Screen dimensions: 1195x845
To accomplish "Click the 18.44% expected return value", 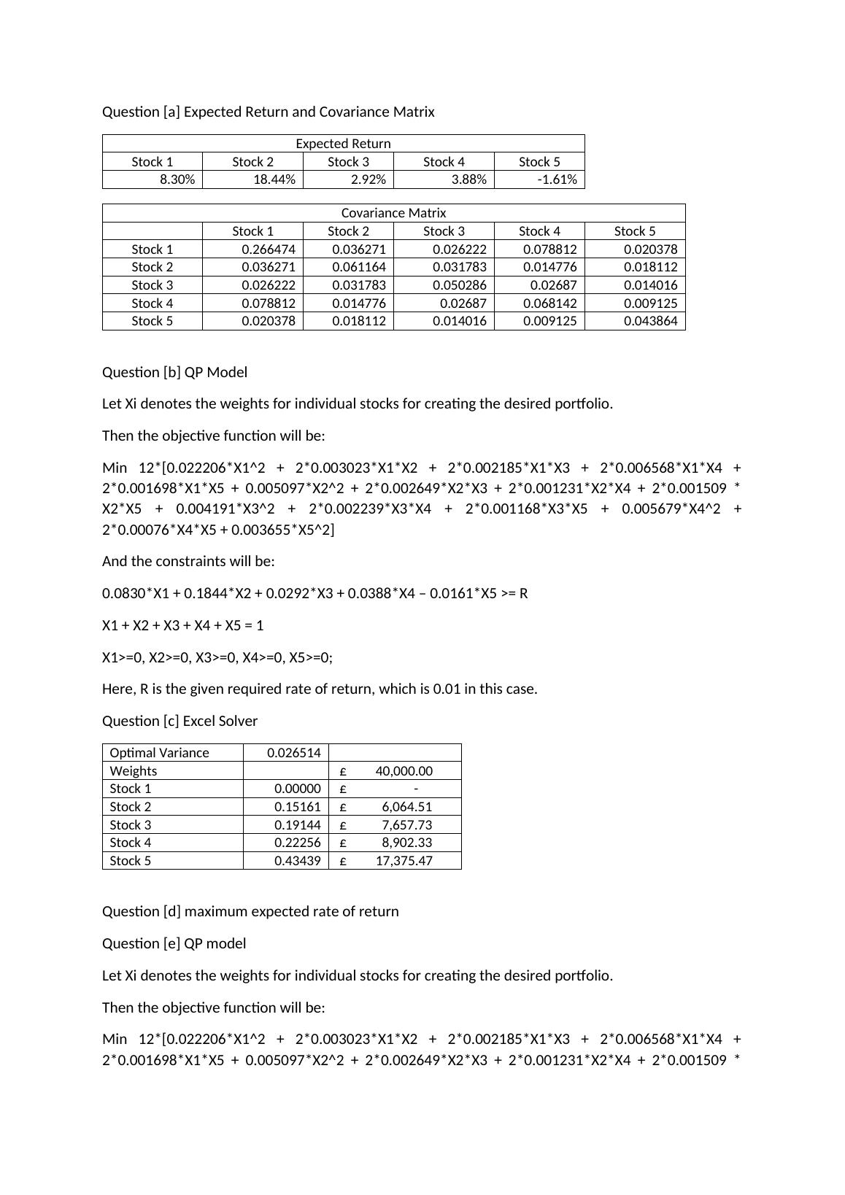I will [x=274, y=179].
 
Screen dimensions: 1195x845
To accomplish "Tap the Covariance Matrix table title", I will [x=393, y=213].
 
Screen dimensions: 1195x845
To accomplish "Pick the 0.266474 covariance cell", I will [x=269, y=250].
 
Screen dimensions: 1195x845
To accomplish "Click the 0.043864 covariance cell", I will [x=650, y=321].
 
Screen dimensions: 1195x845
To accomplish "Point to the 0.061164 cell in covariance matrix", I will [x=358, y=267].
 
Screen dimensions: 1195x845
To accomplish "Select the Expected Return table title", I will [x=343, y=144].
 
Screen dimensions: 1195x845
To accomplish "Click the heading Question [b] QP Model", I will [x=174, y=372].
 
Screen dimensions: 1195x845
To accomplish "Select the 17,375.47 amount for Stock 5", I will [x=404, y=861].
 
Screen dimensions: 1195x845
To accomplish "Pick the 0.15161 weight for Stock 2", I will [x=298, y=807].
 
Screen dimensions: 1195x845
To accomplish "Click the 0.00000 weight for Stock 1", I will [x=298, y=789].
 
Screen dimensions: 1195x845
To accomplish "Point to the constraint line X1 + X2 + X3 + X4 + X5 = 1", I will [x=182, y=625].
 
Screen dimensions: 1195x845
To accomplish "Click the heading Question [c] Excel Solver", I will [x=180, y=721].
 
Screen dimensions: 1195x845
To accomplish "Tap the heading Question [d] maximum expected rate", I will [x=250, y=911].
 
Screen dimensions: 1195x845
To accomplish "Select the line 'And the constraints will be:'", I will [x=188, y=561].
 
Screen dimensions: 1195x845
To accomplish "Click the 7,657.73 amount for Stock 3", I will [x=406, y=825].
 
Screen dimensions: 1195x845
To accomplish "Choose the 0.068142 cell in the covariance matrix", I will [x=549, y=303].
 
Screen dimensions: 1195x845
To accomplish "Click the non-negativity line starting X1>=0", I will [x=217, y=657].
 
